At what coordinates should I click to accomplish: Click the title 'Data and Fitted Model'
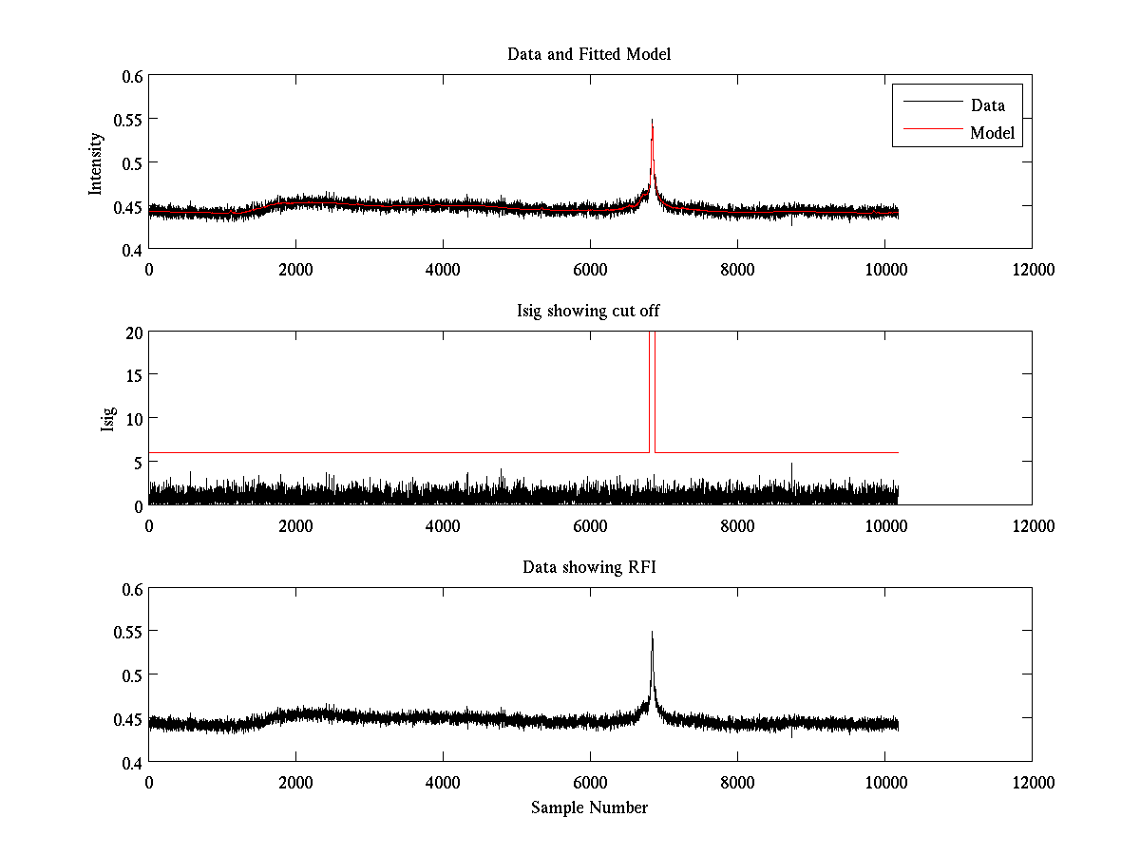[x=589, y=54]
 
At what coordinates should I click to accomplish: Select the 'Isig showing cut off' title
[x=589, y=312]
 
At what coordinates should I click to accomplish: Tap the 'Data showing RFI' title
[x=589, y=567]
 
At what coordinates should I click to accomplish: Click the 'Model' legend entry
[x=993, y=133]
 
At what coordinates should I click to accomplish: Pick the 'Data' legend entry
[x=988, y=105]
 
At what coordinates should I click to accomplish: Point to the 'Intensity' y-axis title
[x=95, y=162]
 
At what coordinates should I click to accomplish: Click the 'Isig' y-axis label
[x=107, y=419]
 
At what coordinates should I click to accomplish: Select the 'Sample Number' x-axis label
[x=589, y=807]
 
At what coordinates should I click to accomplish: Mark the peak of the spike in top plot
[x=652, y=120]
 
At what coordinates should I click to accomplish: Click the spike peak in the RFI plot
[x=652, y=632]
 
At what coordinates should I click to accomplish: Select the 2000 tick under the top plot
[x=295, y=269]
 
